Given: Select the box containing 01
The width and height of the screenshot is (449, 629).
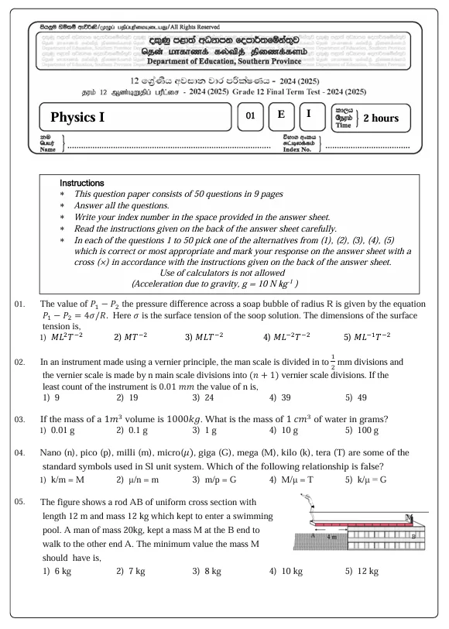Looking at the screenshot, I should click(250, 116).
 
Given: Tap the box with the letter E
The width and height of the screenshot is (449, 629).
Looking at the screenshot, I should click(282, 116).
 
